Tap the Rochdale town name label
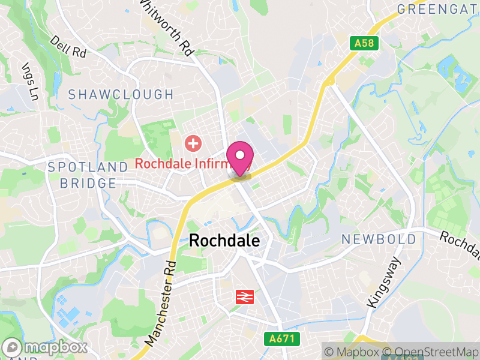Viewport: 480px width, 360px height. [224, 241]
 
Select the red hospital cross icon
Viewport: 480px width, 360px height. [193, 143]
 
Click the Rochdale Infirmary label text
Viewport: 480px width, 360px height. [180, 163]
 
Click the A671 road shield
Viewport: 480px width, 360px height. [281, 339]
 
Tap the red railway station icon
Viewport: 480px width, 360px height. [243, 296]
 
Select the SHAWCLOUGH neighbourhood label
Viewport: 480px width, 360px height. [121, 95]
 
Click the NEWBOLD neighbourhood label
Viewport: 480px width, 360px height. [379, 239]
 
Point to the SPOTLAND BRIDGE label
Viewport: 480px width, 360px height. [88, 175]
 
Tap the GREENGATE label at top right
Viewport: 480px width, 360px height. [438, 10]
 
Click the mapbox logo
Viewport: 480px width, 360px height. [46, 347]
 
